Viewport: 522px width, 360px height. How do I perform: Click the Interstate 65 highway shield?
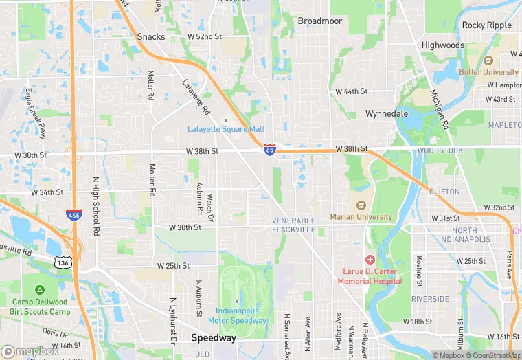(271, 149)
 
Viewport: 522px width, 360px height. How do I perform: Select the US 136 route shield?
(63, 262)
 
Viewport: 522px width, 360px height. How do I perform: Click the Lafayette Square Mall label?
(226, 129)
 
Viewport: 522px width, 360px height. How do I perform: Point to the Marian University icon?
(360, 205)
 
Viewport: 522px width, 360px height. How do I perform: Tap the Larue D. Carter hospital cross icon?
(370, 260)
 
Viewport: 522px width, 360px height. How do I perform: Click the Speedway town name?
(214, 338)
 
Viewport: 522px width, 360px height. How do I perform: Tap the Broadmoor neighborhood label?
(319, 21)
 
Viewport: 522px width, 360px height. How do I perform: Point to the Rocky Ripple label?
(487, 25)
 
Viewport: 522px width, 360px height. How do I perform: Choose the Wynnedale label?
(387, 113)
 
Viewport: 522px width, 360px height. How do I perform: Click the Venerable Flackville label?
(293, 225)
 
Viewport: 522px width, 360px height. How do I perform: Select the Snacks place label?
(151, 36)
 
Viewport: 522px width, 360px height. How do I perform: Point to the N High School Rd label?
(96, 205)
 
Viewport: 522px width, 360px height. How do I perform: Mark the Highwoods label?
(443, 45)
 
